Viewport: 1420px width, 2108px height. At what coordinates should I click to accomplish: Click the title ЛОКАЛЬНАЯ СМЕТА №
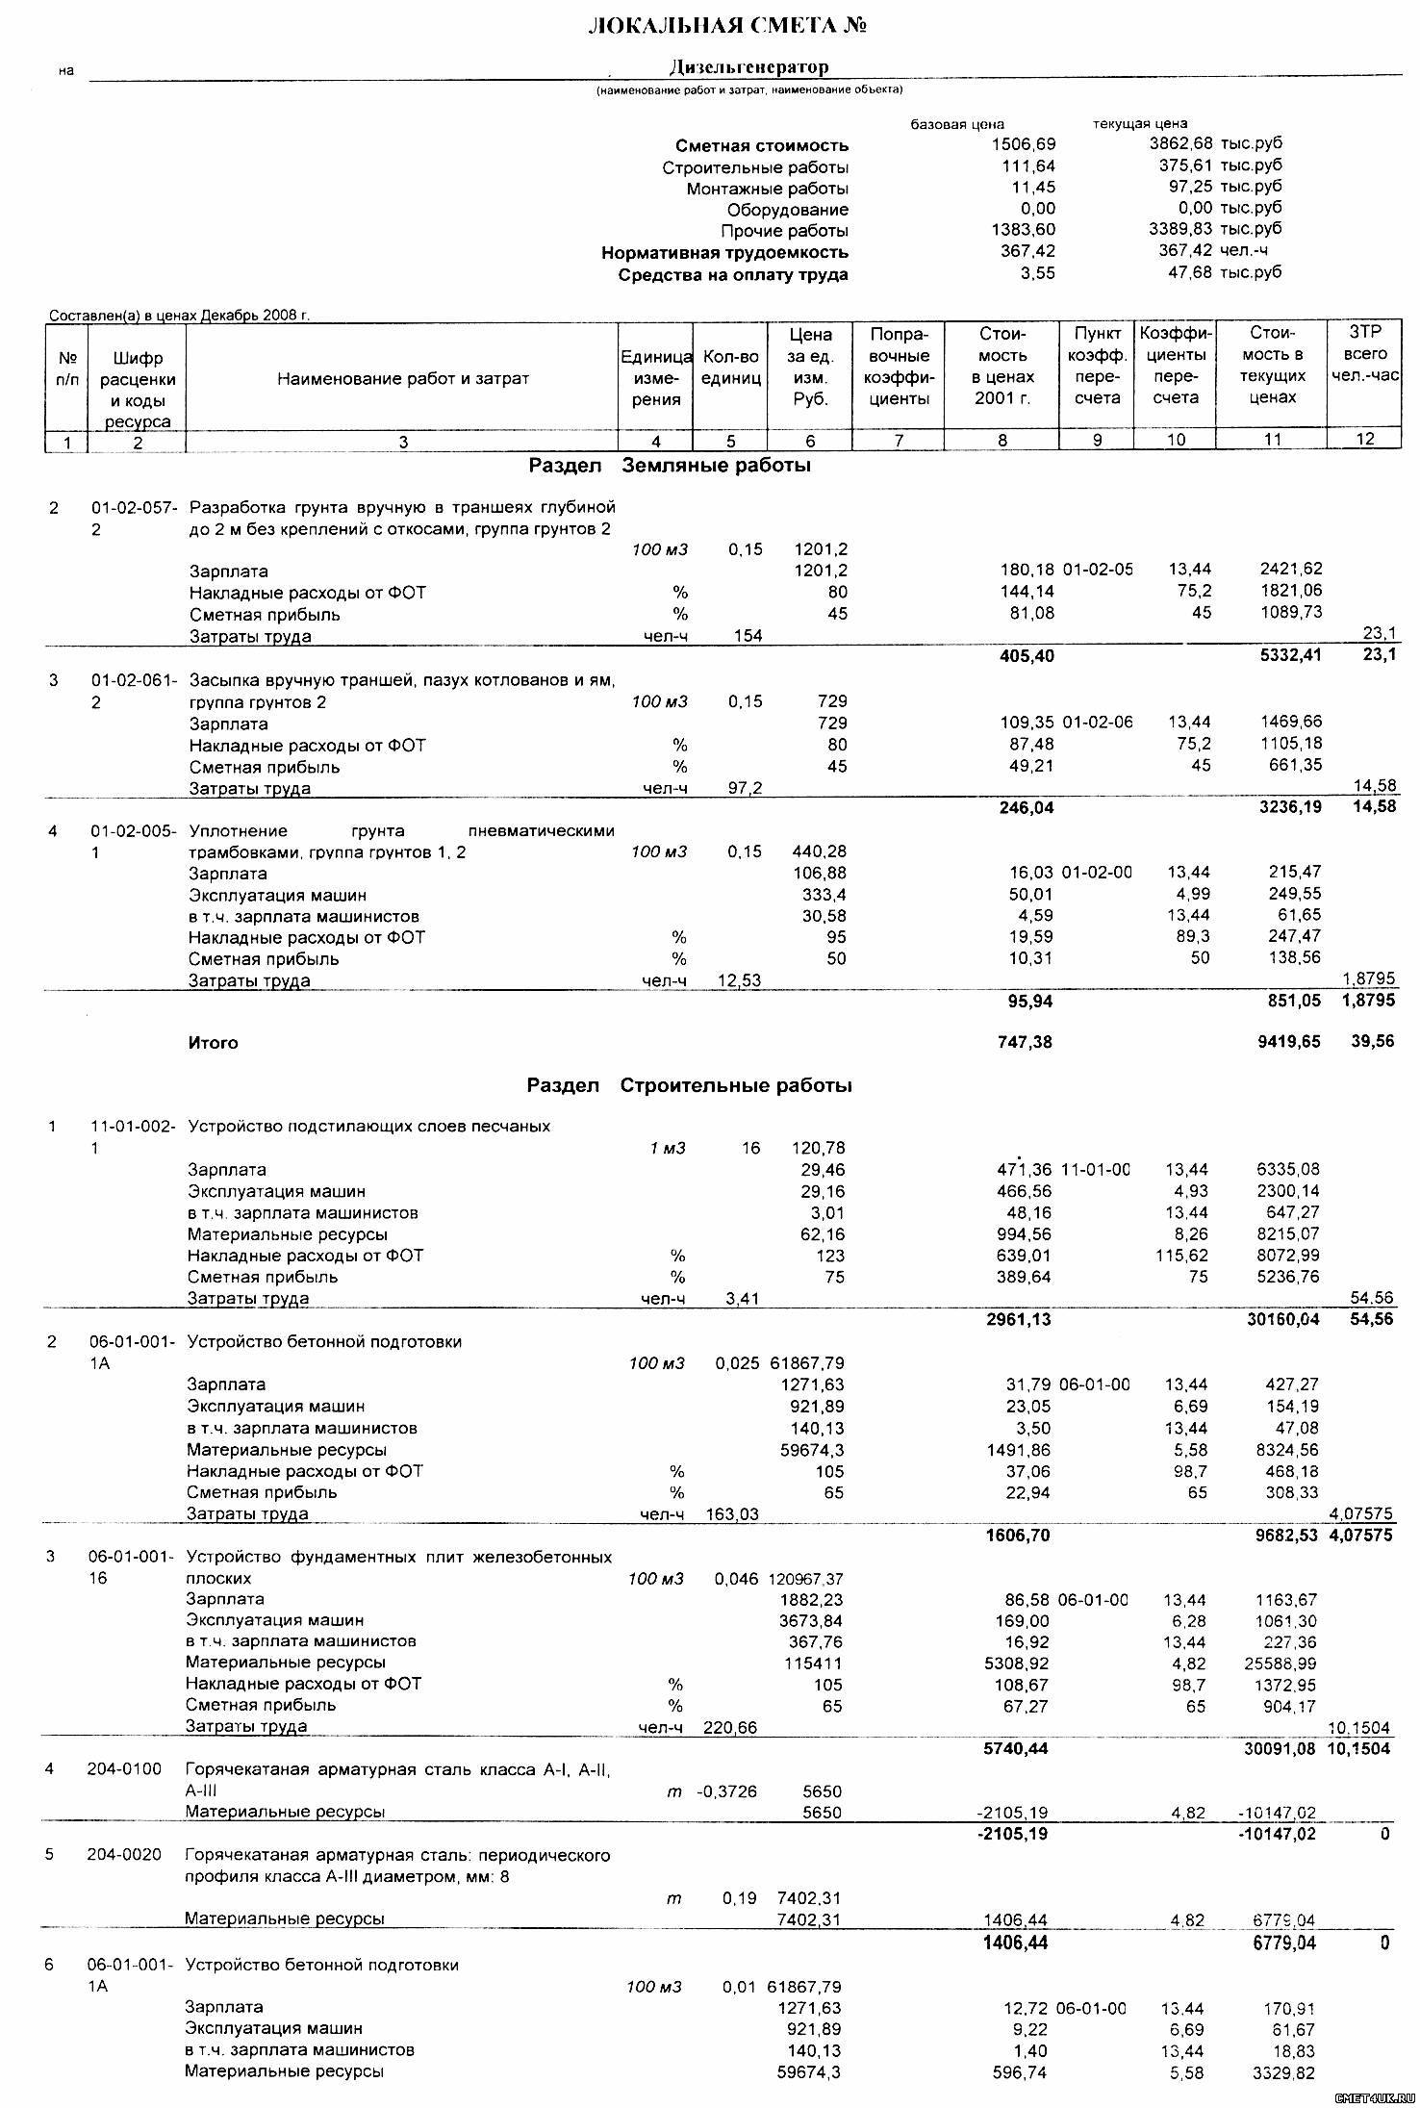click(727, 26)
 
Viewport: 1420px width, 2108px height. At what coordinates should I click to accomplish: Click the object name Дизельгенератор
click(748, 67)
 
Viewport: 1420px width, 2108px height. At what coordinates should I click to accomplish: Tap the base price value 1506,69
click(1023, 145)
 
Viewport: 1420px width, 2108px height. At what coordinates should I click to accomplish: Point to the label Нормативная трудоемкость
click(724, 253)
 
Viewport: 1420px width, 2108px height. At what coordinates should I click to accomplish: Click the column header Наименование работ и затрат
click(403, 379)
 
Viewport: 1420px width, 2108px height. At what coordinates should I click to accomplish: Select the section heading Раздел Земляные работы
click(670, 467)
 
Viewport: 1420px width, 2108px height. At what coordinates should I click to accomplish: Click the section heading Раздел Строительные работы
click(689, 1086)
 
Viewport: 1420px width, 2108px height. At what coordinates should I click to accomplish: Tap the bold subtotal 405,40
click(1027, 656)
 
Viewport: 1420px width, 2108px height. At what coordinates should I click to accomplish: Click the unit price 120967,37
click(805, 1580)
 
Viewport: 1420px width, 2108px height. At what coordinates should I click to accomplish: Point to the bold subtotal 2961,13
click(1019, 1320)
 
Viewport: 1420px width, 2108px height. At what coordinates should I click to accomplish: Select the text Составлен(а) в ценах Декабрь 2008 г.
click(179, 315)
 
